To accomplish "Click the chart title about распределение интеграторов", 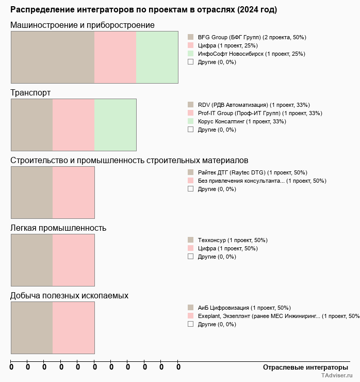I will tap(143, 10).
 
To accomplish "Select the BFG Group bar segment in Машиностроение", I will tap(53, 57).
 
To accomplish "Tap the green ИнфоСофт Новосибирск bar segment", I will tap(157, 57).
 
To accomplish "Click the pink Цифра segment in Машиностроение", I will tap(115, 57).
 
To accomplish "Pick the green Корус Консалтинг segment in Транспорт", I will tap(115, 125).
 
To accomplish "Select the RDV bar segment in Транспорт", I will tap(32, 125).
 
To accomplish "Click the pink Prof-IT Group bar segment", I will tap(73, 125).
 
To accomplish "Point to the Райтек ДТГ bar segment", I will tap(32, 193).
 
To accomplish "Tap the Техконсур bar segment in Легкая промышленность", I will tap(32, 260).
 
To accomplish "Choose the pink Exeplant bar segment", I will tap(73, 328).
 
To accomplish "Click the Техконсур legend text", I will tap(232, 240).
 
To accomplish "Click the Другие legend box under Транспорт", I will tap(191, 130).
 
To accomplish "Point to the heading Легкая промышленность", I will tap(58, 228).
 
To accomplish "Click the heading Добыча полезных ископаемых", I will tap(69, 296).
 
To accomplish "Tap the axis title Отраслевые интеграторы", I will tap(305, 367).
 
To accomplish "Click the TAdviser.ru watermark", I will tap(336, 376).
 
